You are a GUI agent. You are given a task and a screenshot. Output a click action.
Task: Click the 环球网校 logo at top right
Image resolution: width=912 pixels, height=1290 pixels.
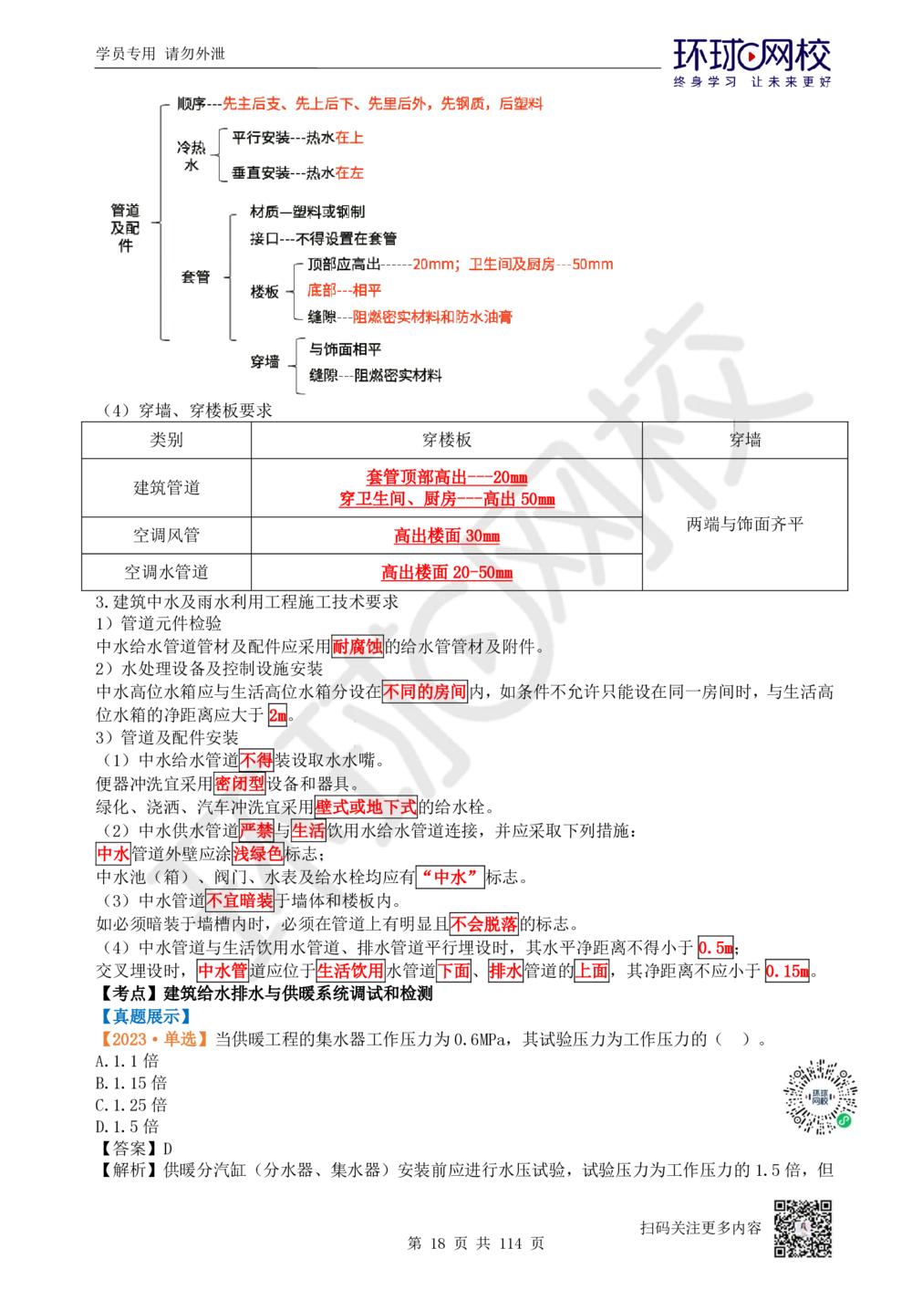[x=751, y=63]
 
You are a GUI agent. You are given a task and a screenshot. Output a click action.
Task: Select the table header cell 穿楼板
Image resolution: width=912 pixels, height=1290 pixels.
[x=446, y=440]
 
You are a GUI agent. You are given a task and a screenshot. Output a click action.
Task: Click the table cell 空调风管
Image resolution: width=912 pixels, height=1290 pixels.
[x=166, y=535]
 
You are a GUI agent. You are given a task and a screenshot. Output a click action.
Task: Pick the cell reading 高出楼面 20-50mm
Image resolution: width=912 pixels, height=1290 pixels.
[x=446, y=572]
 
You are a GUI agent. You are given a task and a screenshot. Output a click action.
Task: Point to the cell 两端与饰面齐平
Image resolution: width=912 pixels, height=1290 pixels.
[x=744, y=524]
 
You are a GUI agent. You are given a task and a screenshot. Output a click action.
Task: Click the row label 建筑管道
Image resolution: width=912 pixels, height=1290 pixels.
[x=166, y=488]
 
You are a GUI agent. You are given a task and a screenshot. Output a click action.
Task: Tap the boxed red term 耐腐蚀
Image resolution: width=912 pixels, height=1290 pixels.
[x=358, y=647]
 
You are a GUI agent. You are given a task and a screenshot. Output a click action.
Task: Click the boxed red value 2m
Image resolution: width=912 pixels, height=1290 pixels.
[x=277, y=716]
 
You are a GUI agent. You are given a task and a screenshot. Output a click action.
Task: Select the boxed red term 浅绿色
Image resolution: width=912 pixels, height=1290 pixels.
[x=257, y=854]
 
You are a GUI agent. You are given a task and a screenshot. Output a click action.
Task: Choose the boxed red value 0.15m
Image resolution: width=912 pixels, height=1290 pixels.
[x=786, y=971]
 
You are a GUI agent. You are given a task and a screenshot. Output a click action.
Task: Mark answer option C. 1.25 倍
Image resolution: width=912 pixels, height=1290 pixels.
[x=131, y=1105]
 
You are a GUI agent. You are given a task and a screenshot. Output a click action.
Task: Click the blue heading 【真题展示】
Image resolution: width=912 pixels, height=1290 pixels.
[x=146, y=1016]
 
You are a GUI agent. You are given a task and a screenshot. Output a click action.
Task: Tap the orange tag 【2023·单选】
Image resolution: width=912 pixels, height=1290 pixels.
[x=154, y=1039]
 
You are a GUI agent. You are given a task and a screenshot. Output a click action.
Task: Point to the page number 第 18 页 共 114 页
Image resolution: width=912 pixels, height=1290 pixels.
[x=475, y=1243]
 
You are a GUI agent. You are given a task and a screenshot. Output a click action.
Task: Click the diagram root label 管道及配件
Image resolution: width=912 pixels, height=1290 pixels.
[x=125, y=228]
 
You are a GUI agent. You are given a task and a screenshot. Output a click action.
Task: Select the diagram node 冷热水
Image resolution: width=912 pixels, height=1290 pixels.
[x=192, y=156]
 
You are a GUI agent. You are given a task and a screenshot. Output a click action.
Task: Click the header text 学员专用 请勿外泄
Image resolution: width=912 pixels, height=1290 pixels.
[x=161, y=54]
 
